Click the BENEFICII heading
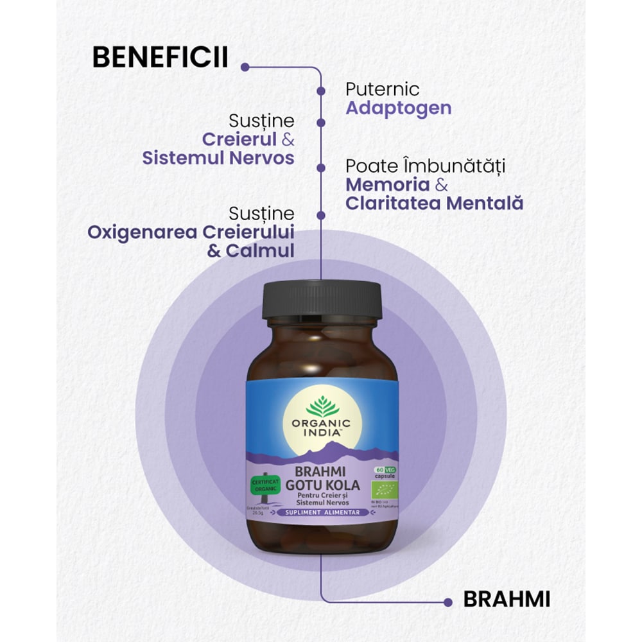160,57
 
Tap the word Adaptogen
398,107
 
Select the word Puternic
382,89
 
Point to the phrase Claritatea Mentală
434,204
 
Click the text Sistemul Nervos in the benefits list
218,158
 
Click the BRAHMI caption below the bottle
507,600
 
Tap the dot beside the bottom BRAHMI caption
447,601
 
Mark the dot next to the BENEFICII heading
244,65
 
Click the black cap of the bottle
321,300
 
